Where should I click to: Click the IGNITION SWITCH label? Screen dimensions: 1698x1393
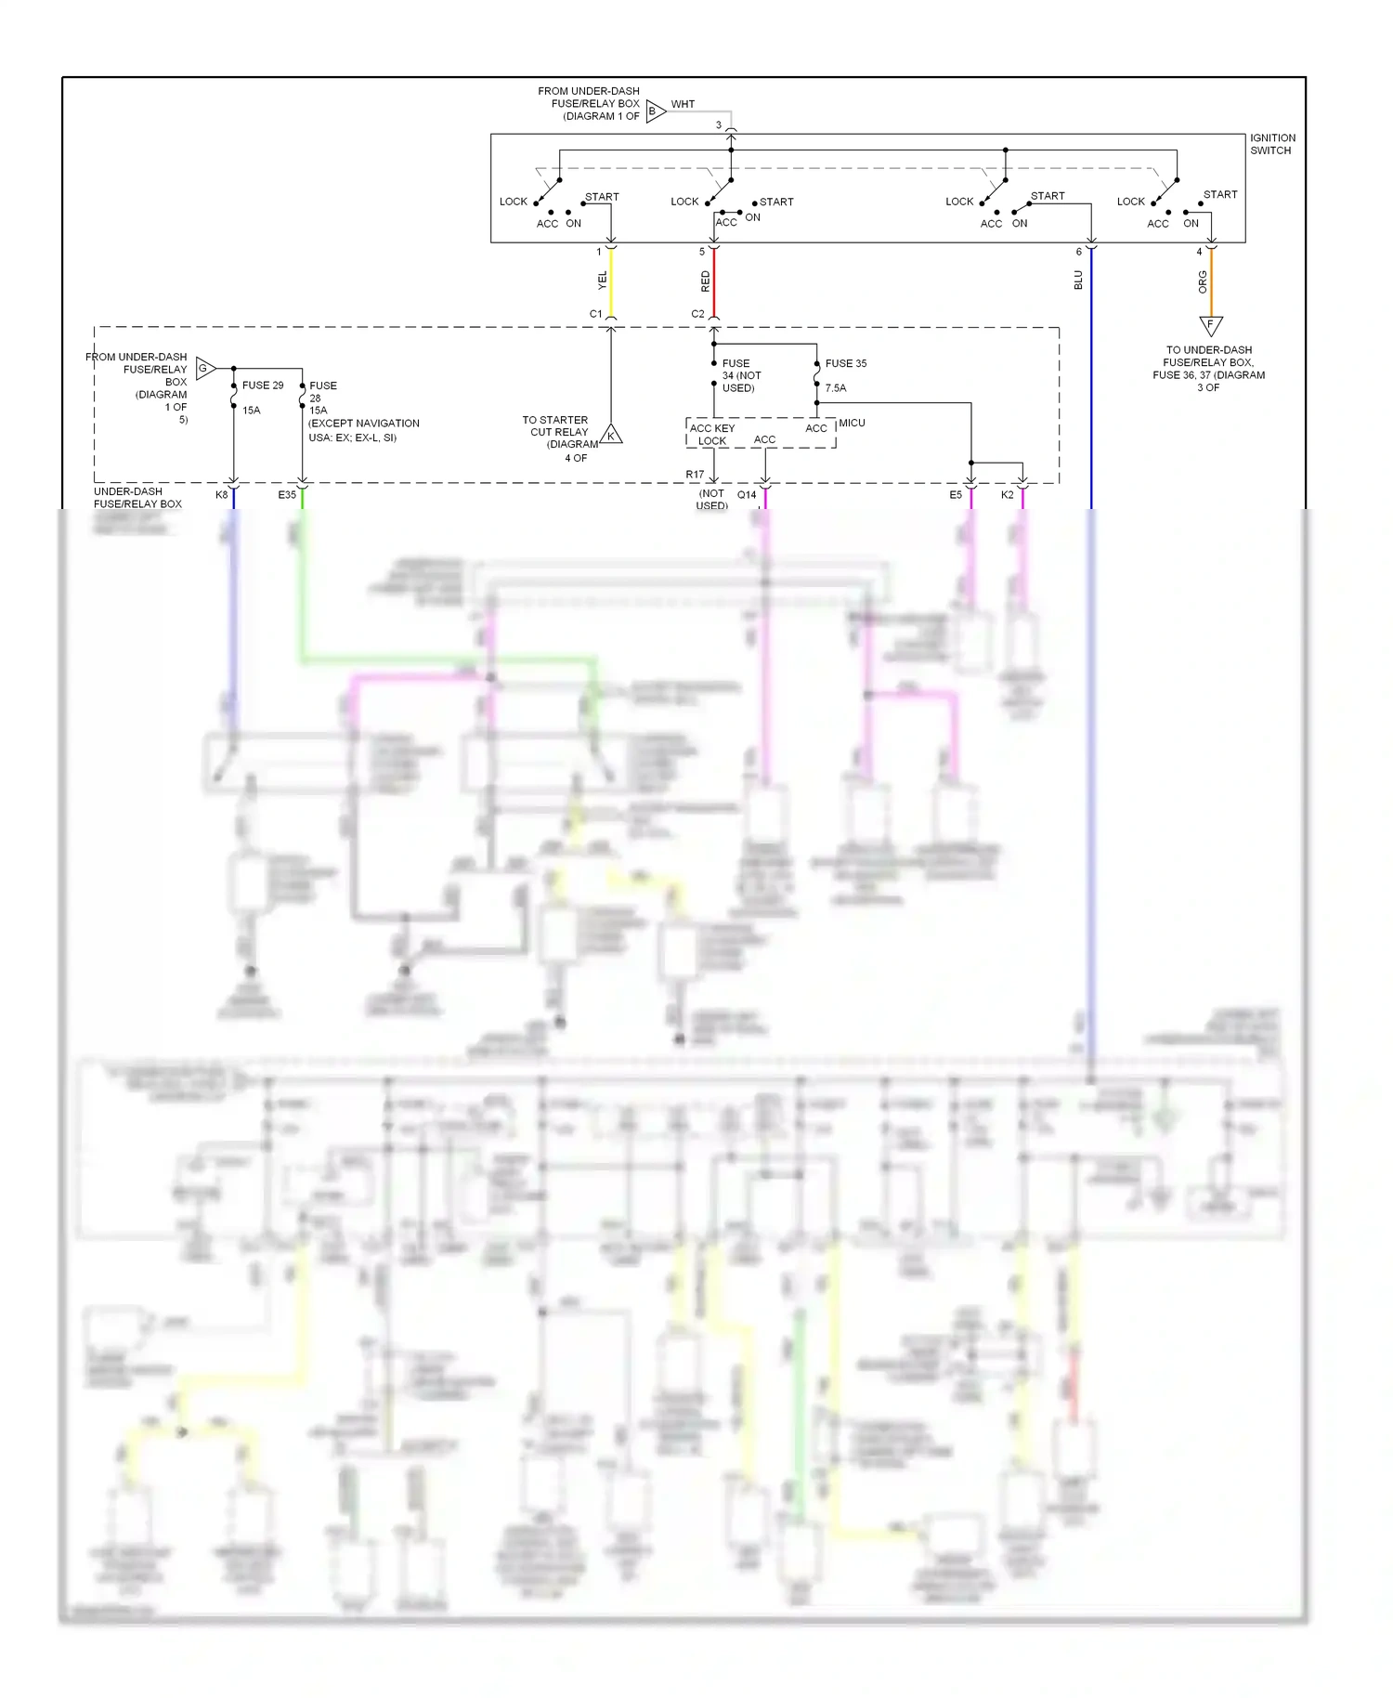pos(1271,144)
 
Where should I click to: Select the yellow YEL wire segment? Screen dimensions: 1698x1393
pos(611,281)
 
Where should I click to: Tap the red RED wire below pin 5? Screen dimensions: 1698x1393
pos(713,281)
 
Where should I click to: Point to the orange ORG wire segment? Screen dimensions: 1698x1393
pos(1210,282)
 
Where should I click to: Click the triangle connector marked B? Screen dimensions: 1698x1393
pos(655,111)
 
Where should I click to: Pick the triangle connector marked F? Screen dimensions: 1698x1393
pos(1210,325)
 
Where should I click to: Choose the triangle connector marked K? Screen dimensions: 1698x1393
pos(611,434)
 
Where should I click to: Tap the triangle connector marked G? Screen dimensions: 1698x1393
pos(204,369)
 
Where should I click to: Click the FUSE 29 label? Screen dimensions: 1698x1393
pos(263,385)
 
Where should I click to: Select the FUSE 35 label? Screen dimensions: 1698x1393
pos(845,363)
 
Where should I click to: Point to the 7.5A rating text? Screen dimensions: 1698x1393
pos(836,388)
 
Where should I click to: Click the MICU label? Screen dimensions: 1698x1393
pos(852,423)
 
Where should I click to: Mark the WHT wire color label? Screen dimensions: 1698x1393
pos(683,104)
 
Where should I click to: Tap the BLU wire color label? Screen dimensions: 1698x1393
pos(1078,280)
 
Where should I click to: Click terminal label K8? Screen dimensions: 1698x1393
pos(221,495)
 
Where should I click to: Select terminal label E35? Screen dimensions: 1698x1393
pos(287,495)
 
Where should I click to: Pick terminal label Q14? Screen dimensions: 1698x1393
pos(747,495)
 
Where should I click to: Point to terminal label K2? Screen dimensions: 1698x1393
pos(1007,495)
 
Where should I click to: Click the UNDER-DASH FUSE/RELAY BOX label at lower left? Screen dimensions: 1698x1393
pos(137,498)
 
